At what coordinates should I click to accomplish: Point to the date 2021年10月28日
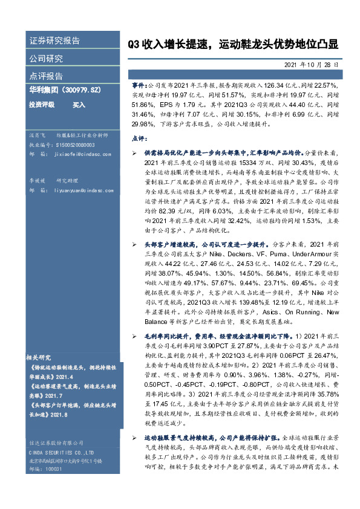(310, 63)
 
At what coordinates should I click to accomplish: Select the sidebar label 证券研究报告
(54, 41)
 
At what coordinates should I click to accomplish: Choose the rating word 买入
(79, 105)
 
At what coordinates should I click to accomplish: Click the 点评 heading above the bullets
(137, 138)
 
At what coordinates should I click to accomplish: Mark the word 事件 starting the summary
(139, 86)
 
